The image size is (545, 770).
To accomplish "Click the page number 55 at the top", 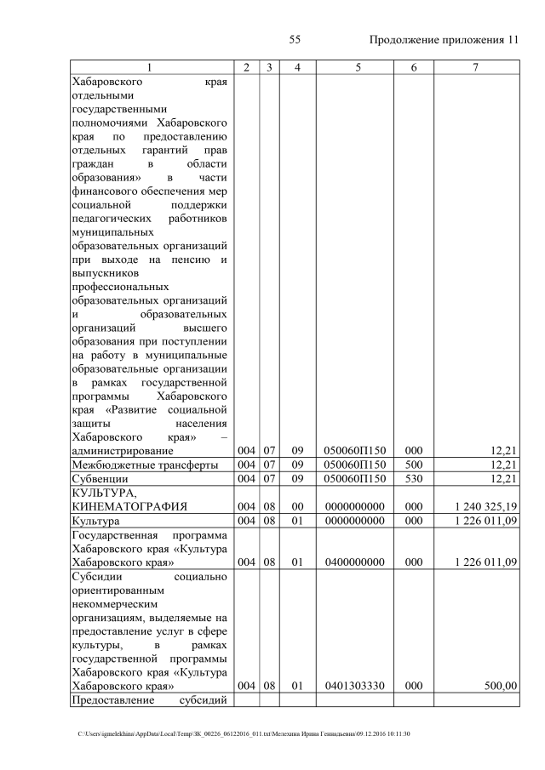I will [295, 40].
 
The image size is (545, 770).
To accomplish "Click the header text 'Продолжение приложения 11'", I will [443, 40].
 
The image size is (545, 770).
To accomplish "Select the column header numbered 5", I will [358, 67].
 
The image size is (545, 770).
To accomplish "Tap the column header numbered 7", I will [475, 67].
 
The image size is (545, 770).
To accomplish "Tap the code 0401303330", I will [358, 686].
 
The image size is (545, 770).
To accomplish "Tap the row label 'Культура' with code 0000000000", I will [96, 521].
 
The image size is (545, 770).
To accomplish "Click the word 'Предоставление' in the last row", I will [112, 700].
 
